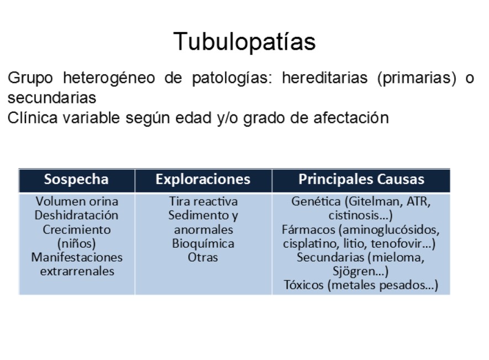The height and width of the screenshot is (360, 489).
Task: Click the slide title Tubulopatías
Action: (x=244, y=41)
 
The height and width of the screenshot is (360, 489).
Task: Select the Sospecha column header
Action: (x=76, y=179)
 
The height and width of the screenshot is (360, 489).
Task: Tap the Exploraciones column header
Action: (x=203, y=179)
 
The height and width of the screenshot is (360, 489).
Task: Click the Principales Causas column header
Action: (x=361, y=179)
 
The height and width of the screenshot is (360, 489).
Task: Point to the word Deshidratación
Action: (x=76, y=215)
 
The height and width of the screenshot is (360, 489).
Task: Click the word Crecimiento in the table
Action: (x=77, y=229)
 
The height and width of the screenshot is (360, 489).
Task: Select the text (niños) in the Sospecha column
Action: (x=76, y=243)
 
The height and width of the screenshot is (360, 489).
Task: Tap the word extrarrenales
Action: (x=77, y=271)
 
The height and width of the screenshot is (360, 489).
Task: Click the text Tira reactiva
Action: (x=203, y=201)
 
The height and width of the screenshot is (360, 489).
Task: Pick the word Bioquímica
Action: (x=203, y=243)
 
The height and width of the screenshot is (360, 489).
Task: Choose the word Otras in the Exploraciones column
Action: (x=203, y=257)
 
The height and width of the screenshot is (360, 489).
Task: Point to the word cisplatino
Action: (x=310, y=243)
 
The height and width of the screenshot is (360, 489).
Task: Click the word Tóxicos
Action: (x=303, y=285)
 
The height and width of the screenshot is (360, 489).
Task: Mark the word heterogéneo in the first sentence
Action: (x=109, y=78)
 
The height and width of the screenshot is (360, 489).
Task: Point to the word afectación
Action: (x=351, y=118)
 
